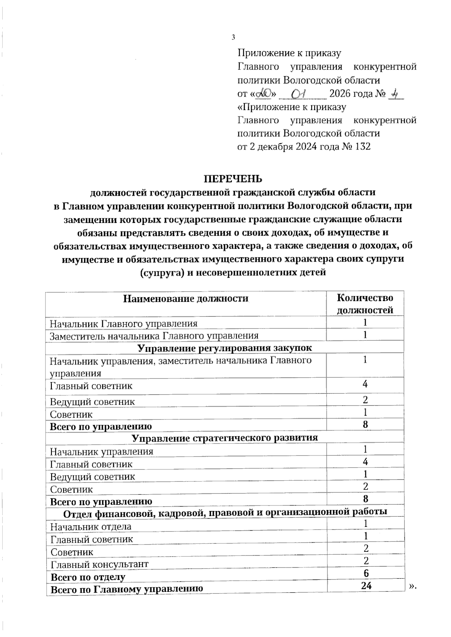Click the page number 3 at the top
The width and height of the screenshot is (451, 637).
point(233,37)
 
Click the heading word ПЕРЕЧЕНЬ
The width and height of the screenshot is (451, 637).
point(233,178)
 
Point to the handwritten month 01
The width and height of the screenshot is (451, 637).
point(303,93)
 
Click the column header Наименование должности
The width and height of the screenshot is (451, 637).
point(186,298)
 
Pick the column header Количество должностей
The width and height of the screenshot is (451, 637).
point(365,304)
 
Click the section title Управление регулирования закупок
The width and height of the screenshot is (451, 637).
point(225,348)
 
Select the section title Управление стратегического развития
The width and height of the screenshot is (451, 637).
point(225,438)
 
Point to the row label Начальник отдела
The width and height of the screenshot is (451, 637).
point(91,527)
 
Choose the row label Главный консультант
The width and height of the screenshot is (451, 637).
point(100,564)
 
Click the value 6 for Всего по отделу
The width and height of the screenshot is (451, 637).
point(366,573)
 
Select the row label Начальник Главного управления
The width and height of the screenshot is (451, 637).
point(124,324)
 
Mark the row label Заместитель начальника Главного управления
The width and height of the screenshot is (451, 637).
point(154,336)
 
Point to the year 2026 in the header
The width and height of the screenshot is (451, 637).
point(342,93)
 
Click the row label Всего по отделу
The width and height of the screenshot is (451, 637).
point(88,577)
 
